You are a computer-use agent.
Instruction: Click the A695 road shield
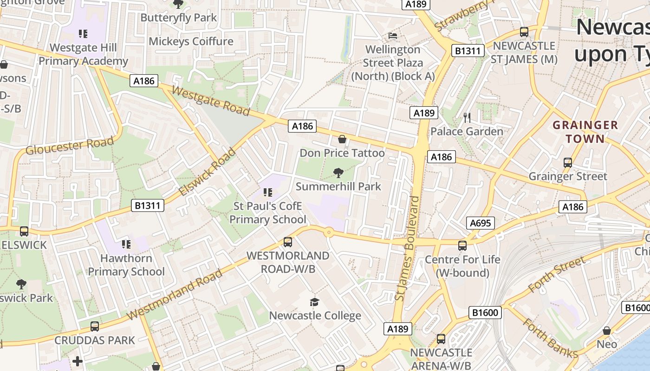click(x=480, y=223)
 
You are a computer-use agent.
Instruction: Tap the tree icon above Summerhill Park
click(x=338, y=173)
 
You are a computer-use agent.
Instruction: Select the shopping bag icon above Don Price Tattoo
click(x=342, y=139)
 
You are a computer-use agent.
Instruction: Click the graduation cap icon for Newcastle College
click(x=315, y=302)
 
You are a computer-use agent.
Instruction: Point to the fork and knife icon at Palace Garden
click(x=467, y=118)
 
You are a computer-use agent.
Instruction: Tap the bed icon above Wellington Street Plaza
click(x=393, y=36)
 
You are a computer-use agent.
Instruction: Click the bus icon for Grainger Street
click(x=567, y=163)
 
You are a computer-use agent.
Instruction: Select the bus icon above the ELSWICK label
click(x=24, y=231)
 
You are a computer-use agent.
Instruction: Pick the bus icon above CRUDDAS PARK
click(x=95, y=326)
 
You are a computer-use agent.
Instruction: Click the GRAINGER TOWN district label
click(x=585, y=132)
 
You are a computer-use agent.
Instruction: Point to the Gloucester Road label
click(x=70, y=146)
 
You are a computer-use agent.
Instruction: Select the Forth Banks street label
click(x=550, y=338)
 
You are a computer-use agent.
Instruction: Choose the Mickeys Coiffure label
click(x=191, y=41)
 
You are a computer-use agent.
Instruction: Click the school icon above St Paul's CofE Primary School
click(x=267, y=192)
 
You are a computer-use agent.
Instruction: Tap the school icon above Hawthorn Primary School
click(x=126, y=244)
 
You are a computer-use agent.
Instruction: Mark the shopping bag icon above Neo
click(x=606, y=331)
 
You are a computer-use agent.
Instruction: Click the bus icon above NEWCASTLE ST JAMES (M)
click(x=524, y=32)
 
